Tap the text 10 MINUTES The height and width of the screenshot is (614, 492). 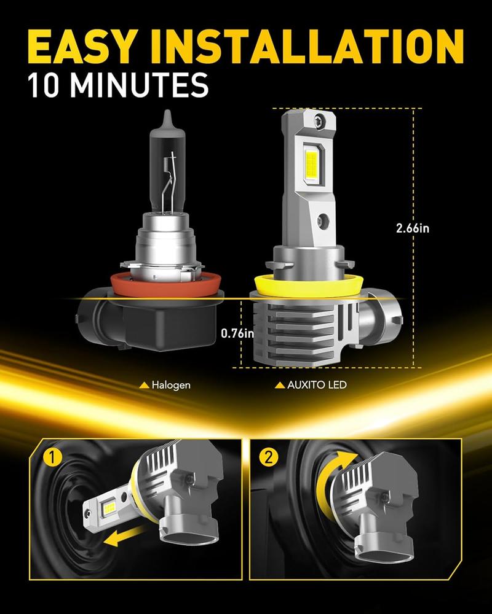pos(118,84)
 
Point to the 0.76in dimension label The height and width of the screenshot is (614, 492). pos(237,333)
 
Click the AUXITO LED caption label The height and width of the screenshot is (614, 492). pos(311,386)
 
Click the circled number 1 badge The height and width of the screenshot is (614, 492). pos(52,458)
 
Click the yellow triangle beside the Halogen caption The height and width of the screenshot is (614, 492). pos(144,386)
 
